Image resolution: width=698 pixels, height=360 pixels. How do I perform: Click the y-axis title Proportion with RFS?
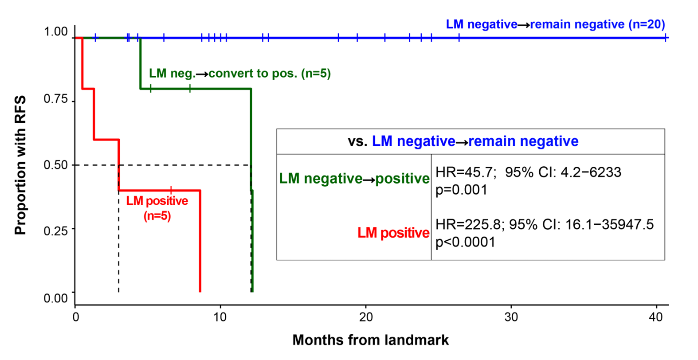20,165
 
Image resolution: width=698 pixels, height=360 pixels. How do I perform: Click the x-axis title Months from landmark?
370,340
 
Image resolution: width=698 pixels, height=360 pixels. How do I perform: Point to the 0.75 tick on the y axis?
56,99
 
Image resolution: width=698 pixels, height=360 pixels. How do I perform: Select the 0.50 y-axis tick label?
56,165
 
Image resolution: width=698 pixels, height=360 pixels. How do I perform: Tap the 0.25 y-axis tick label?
56,231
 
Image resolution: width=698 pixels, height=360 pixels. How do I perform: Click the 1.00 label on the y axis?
56,32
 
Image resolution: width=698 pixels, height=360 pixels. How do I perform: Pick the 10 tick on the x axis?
220,317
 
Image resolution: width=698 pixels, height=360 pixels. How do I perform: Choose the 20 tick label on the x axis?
365,317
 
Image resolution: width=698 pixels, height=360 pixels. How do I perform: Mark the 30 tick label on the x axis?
511,317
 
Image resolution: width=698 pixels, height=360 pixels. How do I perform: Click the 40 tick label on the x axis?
656,317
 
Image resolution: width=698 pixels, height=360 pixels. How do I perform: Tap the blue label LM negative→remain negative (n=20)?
555,24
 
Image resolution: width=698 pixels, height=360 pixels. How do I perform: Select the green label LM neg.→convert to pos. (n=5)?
240,73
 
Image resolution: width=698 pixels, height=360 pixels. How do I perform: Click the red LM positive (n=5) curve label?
157,208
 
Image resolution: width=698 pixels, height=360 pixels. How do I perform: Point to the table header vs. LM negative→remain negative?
463,141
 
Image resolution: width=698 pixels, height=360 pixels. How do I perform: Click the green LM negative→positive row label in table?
354,179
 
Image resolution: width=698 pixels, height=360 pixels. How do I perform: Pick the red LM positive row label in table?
393,233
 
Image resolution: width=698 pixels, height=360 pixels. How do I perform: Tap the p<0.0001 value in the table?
465,242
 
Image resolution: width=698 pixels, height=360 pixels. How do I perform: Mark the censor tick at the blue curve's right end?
666,38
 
